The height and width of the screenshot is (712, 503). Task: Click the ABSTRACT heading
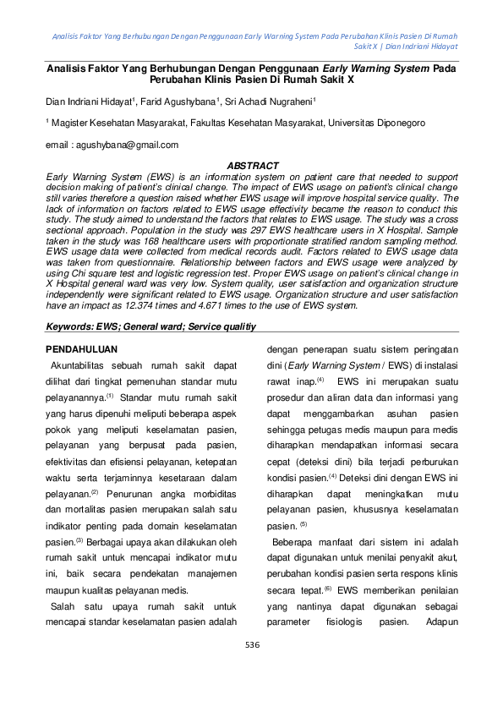point(254,166)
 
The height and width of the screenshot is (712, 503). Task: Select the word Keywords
point(71,326)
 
